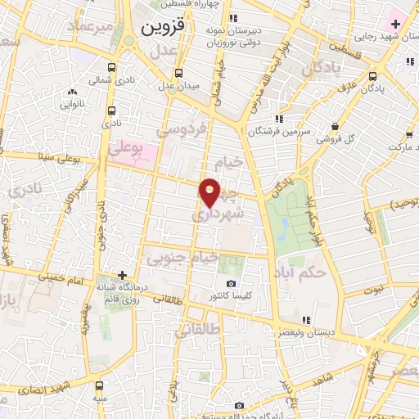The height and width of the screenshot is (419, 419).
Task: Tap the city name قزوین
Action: tap(164, 27)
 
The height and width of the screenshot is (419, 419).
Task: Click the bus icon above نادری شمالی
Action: tap(111, 69)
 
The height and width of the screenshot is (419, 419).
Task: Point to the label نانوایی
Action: tap(73, 104)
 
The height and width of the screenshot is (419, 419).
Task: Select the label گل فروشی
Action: tap(338, 138)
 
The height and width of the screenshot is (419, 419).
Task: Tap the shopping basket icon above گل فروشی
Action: tap(336, 125)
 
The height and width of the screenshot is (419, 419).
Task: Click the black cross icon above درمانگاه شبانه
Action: tap(122, 276)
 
